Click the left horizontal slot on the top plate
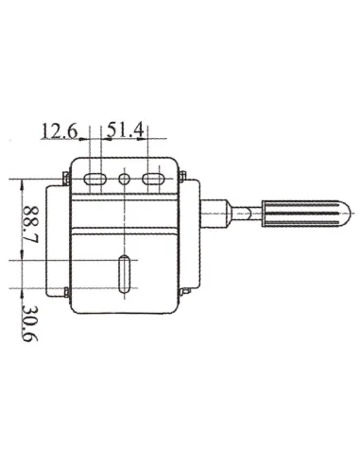tap(95, 179)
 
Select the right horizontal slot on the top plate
tap(151, 179)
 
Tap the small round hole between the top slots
tap(124, 179)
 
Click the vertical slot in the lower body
tap(124, 275)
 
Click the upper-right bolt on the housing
tap(183, 175)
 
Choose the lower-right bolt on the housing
tap(185, 289)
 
